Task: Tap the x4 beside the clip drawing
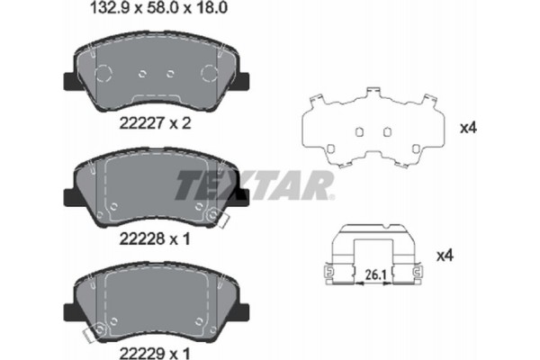coord(467,256)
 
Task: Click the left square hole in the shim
coord(357,131)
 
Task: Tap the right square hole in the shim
coord(387,131)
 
